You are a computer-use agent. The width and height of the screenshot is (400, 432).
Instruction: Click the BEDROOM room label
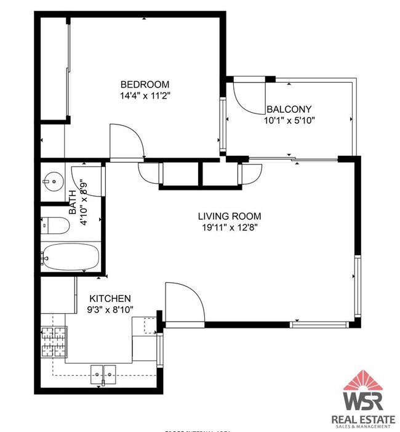tap(145, 84)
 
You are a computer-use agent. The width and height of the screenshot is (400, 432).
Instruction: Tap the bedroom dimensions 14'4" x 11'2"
tap(145, 96)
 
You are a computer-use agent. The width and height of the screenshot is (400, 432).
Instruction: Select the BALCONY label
tap(286, 109)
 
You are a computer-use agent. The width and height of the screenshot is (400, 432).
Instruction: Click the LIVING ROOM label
tap(229, 216)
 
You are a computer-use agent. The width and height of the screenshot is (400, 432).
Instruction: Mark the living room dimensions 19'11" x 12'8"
tap(229, 227)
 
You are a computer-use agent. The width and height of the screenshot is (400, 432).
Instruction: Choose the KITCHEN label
tap(110, 298)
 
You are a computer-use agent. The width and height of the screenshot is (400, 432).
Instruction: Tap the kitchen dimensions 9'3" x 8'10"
tap(110, 309)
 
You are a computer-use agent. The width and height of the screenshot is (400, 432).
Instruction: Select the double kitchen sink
tap(103, 373)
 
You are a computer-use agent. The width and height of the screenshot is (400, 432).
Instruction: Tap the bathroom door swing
tap(80, 178)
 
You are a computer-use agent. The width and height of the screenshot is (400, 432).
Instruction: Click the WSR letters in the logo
tap(362, 401)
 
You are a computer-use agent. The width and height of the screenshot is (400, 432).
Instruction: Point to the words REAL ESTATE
tap(362, 420)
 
